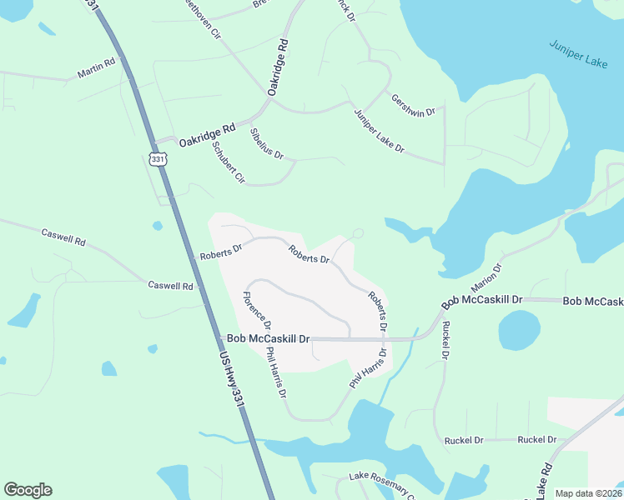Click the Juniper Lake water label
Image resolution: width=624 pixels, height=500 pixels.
coord(577,56)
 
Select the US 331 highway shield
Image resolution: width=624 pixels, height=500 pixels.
coord(158,158)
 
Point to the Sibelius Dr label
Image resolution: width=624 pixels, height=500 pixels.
coord(267,143)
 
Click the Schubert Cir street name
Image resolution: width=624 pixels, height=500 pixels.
coord(228,162)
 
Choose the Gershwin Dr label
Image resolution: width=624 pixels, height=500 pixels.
coord(414,105)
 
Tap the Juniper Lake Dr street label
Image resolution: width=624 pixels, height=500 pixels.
coord(379,132)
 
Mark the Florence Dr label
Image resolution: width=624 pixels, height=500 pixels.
coord(256,307)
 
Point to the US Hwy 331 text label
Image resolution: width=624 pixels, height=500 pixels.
coord(233,380)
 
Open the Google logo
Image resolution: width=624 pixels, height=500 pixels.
coord(28,490)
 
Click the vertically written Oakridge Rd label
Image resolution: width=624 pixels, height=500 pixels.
coord(278,66)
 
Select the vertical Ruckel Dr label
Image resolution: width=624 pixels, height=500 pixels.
coord(445,340)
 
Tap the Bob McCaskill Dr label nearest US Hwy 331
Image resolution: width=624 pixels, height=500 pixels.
coord(268,339)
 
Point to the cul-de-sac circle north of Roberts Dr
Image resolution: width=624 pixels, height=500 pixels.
coord(359,233)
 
